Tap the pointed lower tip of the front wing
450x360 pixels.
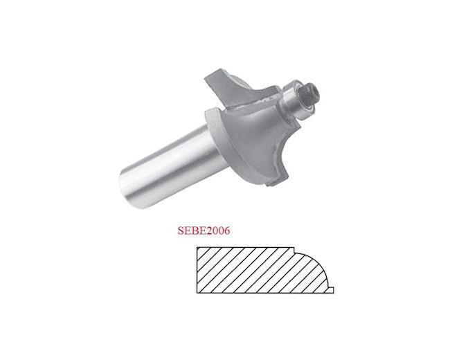271,186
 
